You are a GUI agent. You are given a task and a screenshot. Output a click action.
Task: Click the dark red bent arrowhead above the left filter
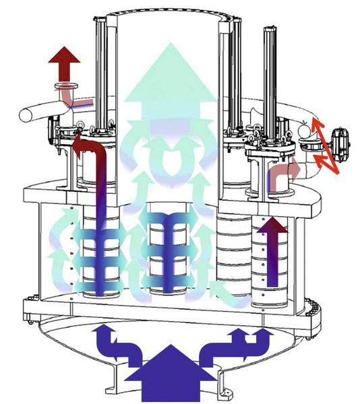point(82,143)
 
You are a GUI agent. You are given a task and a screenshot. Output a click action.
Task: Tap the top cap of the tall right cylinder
point(271,30)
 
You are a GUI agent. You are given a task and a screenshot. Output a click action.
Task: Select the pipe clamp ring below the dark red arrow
point(68,88)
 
